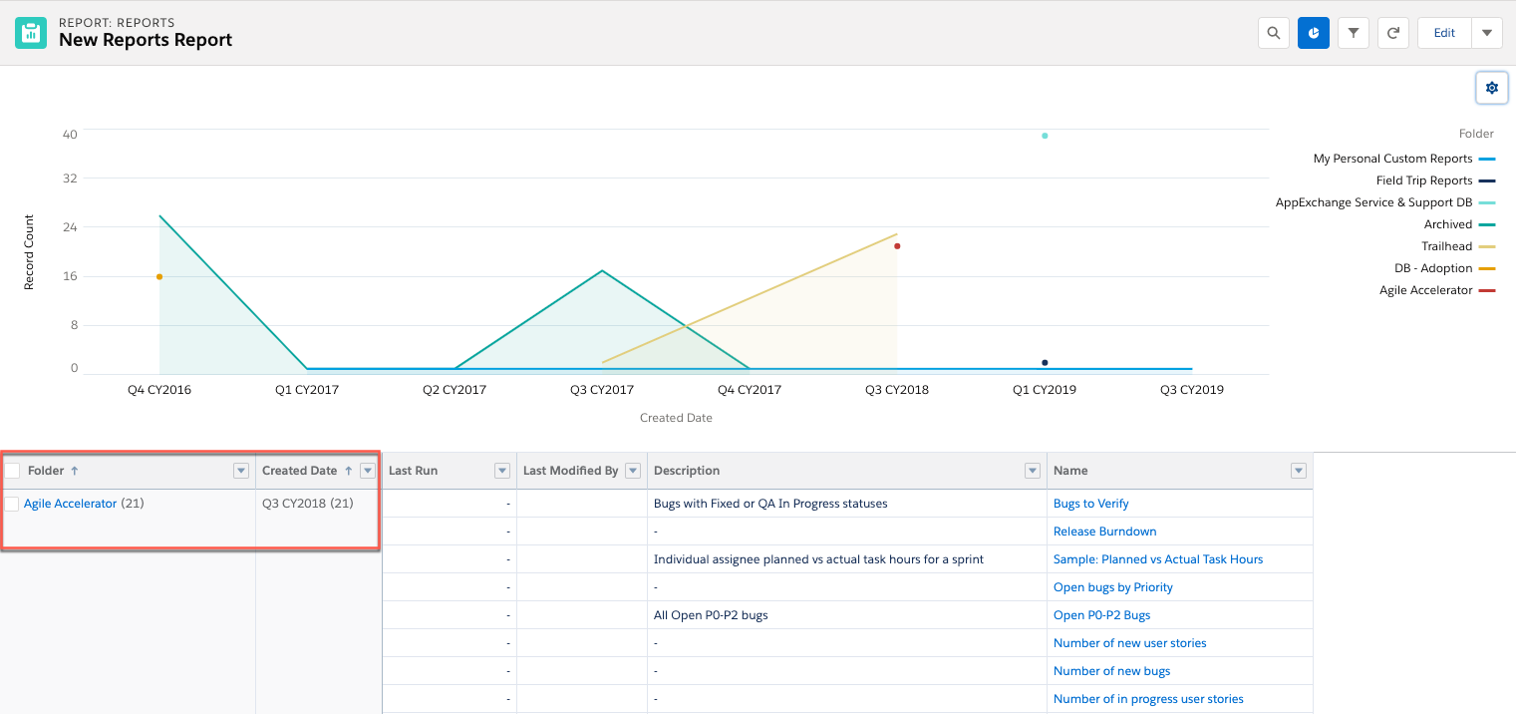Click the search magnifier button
[1273, 33]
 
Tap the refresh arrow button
[1392, 33]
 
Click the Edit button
[1444, 33]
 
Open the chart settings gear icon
[1492, 88]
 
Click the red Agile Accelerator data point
[897, 246]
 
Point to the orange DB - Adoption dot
[159, 276]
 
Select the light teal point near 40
[1045, 136]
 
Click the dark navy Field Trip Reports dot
[1045, 362]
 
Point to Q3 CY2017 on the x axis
[602, 390]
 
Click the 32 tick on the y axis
[70, 178]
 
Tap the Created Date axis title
[676, 418]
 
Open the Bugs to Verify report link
[1091, 504]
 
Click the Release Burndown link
[1104, 532]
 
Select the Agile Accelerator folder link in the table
[71, 504]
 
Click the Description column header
[687, 470]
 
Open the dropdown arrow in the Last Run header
[501, 471]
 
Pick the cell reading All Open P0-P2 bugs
[711, 615]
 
